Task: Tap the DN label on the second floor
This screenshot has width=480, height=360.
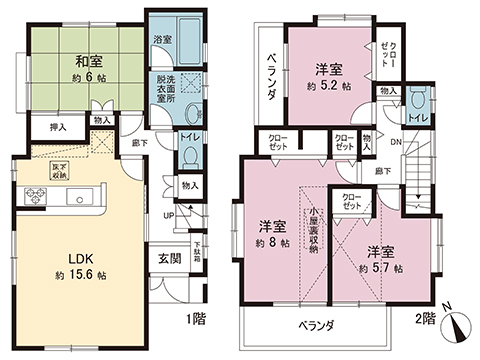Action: coord(399,142)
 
